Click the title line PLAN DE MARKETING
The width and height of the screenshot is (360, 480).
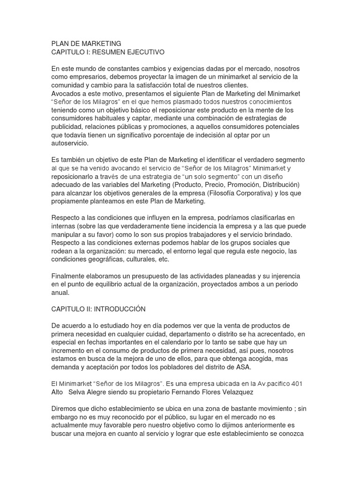(86, 44)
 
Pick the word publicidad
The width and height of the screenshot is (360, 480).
(68, 127)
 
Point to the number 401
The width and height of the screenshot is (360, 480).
(296, 384)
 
